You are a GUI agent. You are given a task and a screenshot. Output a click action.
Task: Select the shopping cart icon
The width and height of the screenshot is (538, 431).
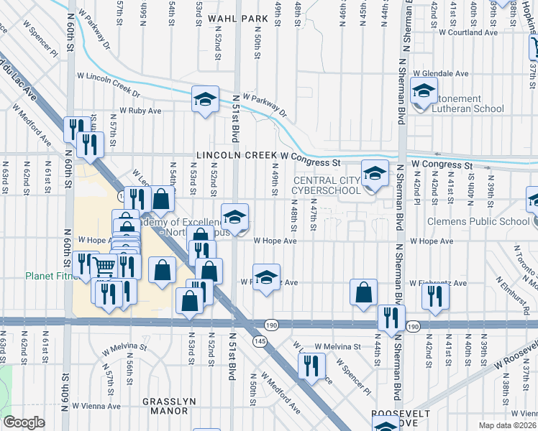(x=105, y=267)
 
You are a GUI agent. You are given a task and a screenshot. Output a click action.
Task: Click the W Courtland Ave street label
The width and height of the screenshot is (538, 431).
(x=468, y=32)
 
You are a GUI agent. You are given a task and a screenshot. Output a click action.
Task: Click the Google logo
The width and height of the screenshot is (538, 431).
(x=24, y=422)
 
